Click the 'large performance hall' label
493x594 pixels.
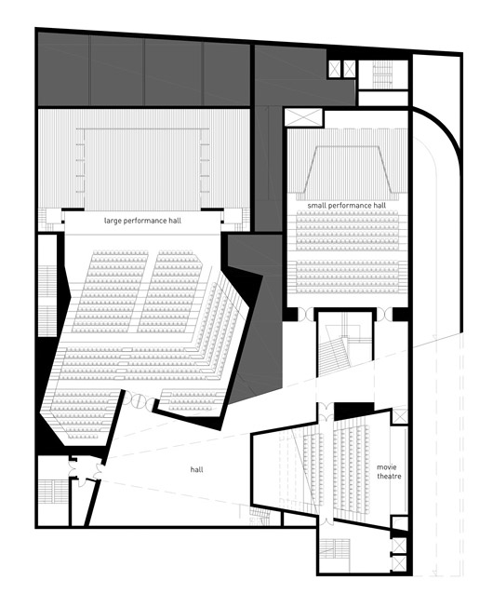142,221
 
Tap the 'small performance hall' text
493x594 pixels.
347,206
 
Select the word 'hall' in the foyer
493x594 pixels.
197,469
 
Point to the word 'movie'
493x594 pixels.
387,467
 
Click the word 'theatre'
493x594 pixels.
389,476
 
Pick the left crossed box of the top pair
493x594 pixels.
335,69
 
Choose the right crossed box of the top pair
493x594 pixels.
349,69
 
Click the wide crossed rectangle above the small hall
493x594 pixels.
303,117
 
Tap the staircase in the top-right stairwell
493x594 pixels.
383,74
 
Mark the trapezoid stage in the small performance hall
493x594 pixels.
347,169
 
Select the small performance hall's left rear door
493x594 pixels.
306,315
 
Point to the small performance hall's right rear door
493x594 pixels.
385,315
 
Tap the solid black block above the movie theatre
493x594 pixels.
353,411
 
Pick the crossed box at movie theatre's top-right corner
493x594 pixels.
400,417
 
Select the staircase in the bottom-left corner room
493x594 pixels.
53,492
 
